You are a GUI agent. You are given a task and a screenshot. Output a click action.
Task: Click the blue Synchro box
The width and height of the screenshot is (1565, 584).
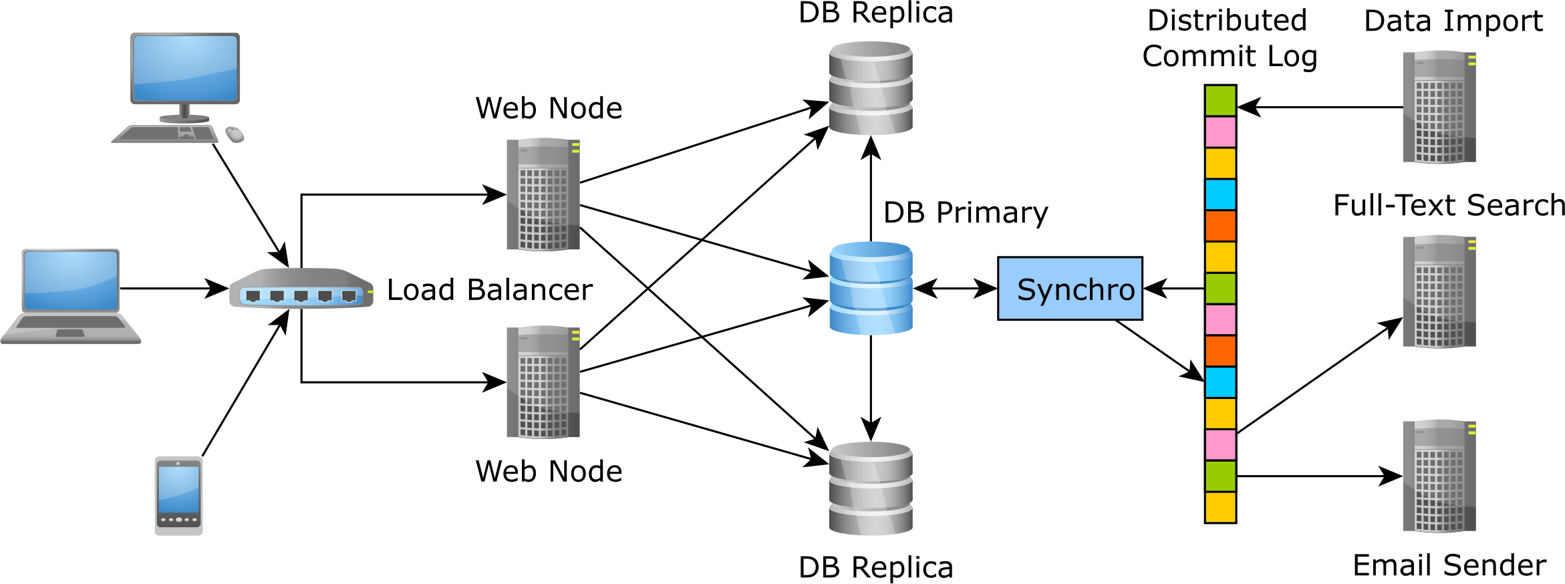coord(1069,289)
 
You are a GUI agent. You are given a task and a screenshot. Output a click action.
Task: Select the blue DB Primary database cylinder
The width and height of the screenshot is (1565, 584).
coord(870,288)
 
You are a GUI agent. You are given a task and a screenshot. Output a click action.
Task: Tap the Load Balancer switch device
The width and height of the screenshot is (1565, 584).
coord(301,289)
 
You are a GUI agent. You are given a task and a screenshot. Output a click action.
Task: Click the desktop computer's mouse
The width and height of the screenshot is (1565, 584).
coord(235,134)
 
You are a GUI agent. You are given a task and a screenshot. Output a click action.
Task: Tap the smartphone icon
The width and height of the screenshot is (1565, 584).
coord(178,495)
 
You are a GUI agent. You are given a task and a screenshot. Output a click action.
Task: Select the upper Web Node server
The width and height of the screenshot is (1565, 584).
coord(543,194)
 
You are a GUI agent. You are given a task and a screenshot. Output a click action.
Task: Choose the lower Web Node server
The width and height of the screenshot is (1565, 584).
coord(543,382)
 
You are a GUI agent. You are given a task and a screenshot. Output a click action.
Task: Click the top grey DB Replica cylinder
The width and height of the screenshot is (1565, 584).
coord(870,88)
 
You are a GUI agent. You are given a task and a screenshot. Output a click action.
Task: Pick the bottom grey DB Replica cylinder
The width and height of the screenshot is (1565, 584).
coord(870,488)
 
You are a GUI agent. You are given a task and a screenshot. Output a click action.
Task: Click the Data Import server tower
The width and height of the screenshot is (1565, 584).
coord(1439,107)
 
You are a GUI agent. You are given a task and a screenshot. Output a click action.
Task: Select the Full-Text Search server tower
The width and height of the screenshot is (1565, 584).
coord(1439,291)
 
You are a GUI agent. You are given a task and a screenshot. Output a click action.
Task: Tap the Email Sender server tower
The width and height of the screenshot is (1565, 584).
coord(1439,476)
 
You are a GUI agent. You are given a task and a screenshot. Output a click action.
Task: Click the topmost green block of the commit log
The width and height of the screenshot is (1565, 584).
coord(1220,101)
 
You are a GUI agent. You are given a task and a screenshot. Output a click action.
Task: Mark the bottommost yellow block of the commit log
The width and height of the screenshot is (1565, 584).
coord(1220,507)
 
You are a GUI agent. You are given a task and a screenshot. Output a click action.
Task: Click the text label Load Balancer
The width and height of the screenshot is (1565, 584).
coord(489,290)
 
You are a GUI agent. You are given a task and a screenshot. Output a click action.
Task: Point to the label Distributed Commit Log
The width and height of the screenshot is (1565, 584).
coord(1228,39)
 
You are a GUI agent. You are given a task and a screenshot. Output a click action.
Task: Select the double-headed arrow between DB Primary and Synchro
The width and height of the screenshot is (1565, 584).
coord(955,289)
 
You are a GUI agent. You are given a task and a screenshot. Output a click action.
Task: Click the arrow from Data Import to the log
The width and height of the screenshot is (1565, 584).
coord(1320,107)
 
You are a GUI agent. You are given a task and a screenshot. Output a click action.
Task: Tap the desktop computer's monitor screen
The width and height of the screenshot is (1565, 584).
coord(185,67)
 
